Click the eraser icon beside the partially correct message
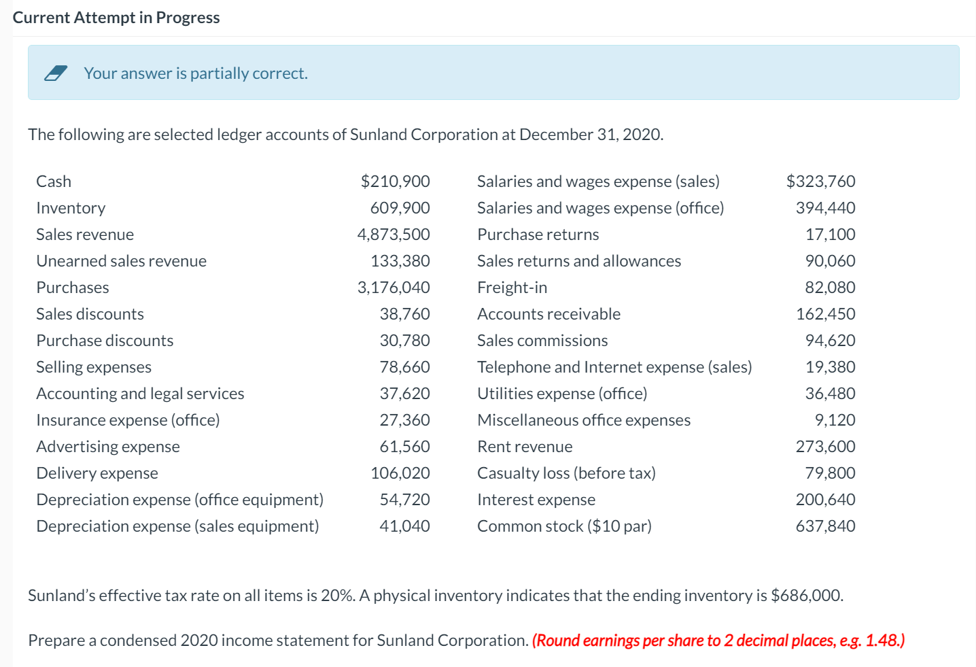tap(56, 73)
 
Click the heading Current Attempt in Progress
tap(116, 18)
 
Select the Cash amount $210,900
tap(395, 182)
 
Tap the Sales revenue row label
tap(85, 235)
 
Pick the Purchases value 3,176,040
tap(394, 288)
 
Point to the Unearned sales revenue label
tap(121, 261)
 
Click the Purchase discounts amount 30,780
tap(404, 341)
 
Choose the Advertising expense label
tap(108, 447)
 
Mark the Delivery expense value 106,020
tap(400, 473)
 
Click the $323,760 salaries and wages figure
tap(820, 182)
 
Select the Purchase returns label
tap(538, 235)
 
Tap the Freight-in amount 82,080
tap(830, 288)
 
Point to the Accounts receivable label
tap(548, 314)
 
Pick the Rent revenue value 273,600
tap(825, 447)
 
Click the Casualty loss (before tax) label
tap(566, 473)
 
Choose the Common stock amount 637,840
tap(825, 526)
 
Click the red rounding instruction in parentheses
tap(718, 640)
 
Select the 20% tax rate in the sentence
tap(336, 596)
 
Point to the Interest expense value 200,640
tap(825, 500)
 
